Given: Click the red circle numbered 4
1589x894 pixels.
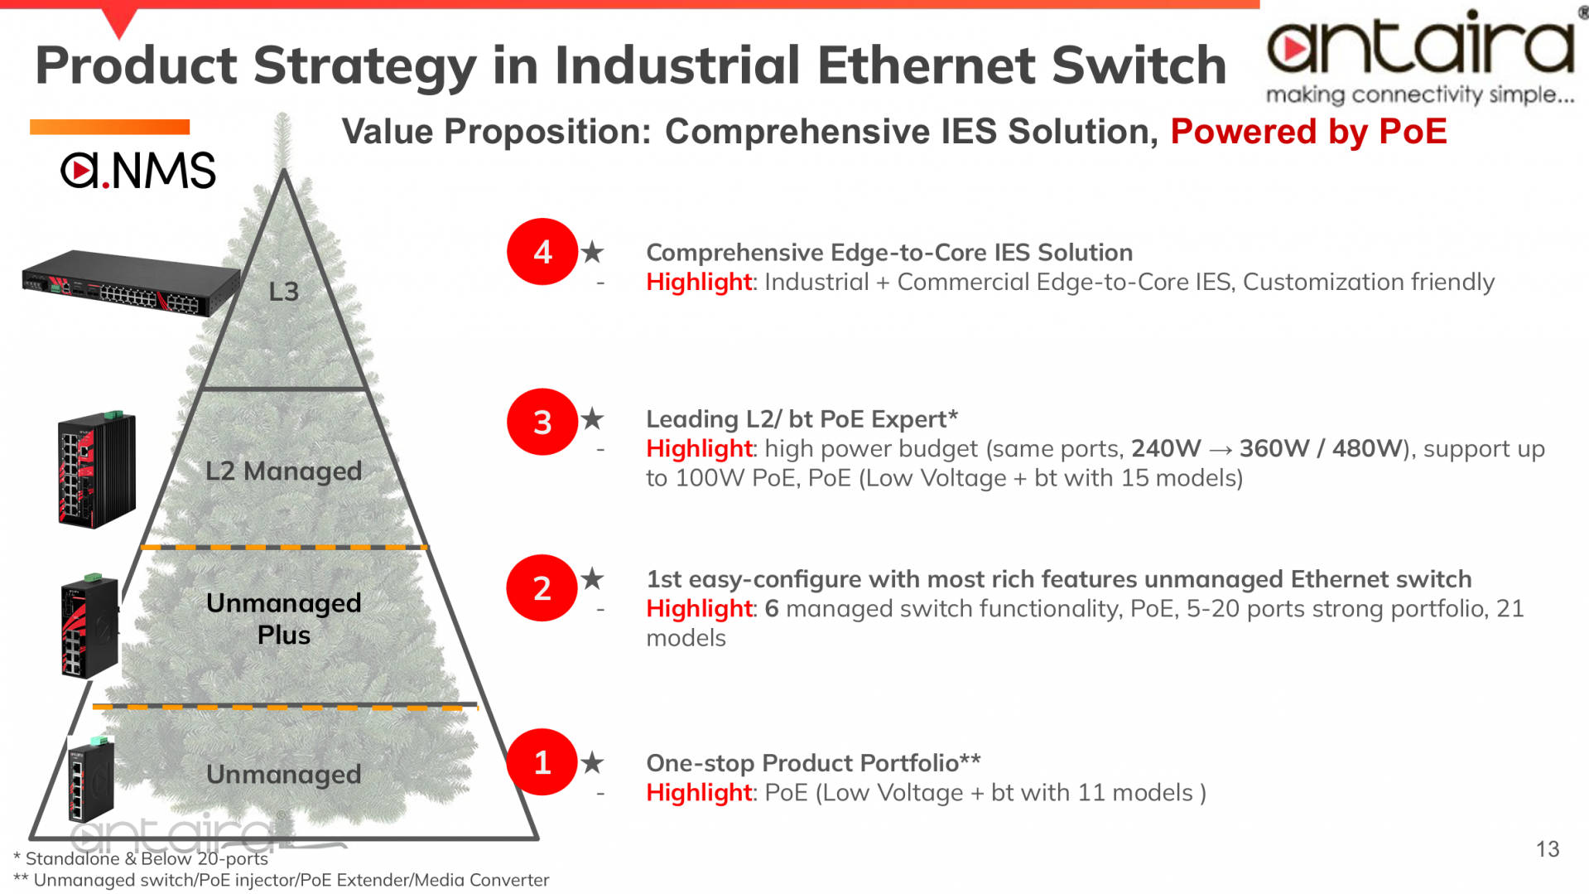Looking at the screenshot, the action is (x=542, y=252).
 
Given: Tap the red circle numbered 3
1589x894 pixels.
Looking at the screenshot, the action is (x=542, y=422).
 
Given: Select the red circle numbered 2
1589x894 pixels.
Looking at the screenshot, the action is (x=542, y=588).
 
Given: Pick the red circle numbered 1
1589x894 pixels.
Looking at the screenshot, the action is (x=542, y=762).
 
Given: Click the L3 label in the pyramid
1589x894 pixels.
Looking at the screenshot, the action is (x=284, y=292).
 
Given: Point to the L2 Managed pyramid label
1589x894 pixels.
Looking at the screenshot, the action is (x=284, y=471).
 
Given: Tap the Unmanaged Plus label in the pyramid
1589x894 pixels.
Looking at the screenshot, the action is (x=284, y=619).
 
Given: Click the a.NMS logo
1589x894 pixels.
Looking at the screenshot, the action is (x=138, y=170).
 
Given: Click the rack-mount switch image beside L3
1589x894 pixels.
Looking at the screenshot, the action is (x=130, y=283).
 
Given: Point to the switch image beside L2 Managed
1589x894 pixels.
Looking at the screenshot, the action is (x=97, y=469).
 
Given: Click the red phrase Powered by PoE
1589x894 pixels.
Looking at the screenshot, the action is (x=1308, y=132).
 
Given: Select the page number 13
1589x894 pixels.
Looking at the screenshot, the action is (x=1548, y=849).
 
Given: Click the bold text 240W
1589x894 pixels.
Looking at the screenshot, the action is (x=1166, y=449).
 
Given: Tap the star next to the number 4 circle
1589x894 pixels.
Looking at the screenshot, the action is (x=592, y=252).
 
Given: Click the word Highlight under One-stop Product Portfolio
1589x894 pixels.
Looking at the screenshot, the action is (x=699, y=793).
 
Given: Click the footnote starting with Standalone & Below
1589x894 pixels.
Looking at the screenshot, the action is (x=141, y=858).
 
